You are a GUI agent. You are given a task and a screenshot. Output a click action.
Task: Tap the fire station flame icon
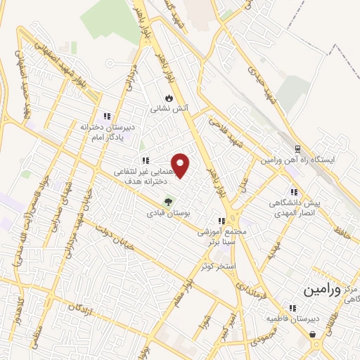[x=168, y=98]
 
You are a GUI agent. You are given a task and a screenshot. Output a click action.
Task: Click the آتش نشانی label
[x=168, y=109]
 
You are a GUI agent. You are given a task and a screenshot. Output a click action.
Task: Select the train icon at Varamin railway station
[x=297, y=149]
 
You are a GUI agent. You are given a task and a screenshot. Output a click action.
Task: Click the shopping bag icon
[x=312, y=334]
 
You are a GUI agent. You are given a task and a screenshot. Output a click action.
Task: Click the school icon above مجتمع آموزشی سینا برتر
[x=222, y=221]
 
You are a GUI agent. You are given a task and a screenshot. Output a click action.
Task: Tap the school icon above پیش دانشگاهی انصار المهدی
[x=294, y=192]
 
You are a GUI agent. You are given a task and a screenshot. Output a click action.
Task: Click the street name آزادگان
[x=83, y=310]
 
